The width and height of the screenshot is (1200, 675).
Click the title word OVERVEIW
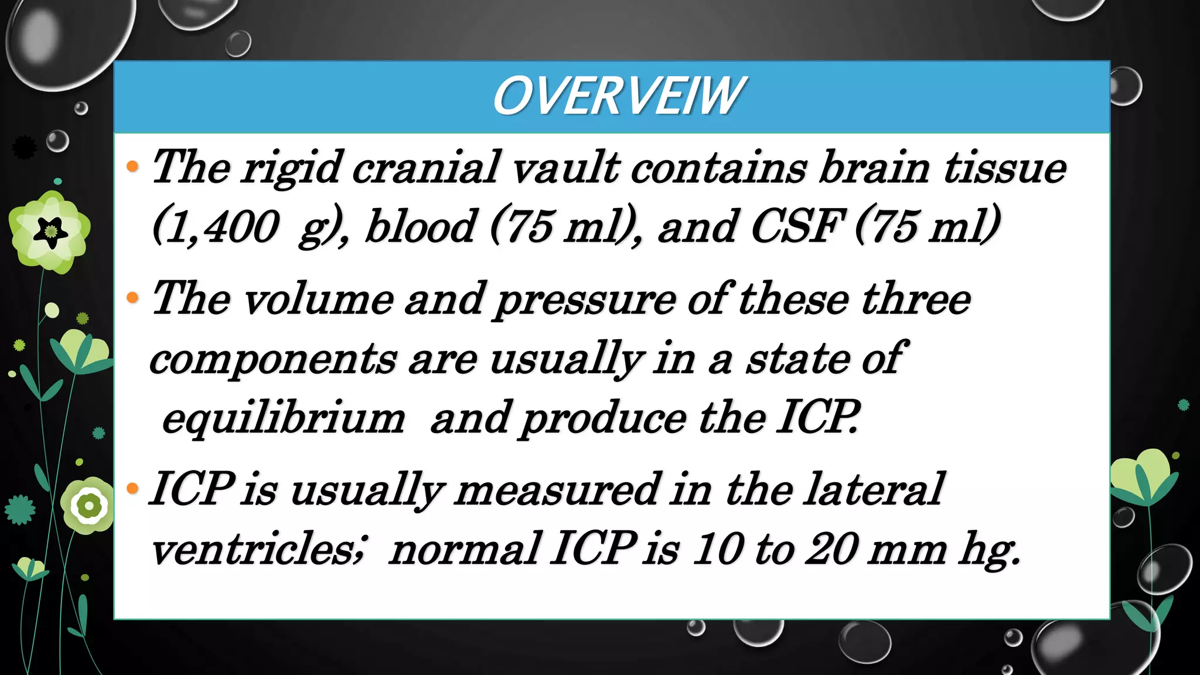click(x=618, y=97)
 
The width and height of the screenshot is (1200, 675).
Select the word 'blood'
click(x=420, y=227)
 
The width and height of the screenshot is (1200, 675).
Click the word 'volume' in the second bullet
click(x=318, y=299)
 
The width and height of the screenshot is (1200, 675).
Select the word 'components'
click(x=273, y=360)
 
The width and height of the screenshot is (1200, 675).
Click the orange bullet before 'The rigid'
click(x=132, y=167)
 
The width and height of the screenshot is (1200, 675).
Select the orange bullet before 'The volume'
click(x=132, y=298)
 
